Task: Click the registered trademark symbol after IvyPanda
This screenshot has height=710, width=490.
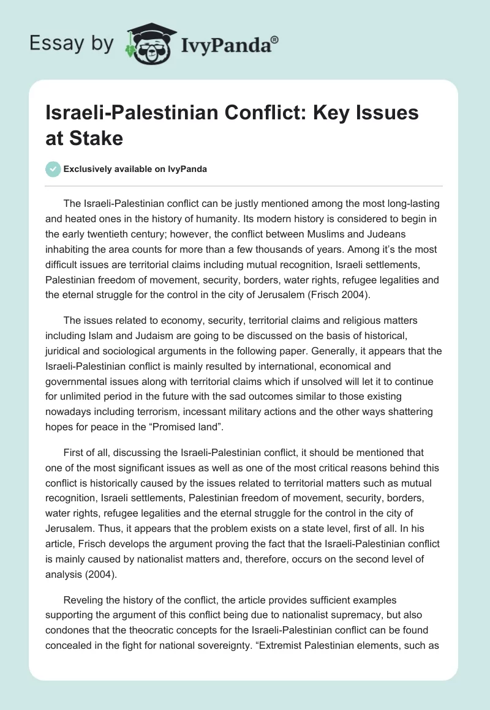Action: coord(275,40)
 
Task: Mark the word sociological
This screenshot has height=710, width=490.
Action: coord(138,350)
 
